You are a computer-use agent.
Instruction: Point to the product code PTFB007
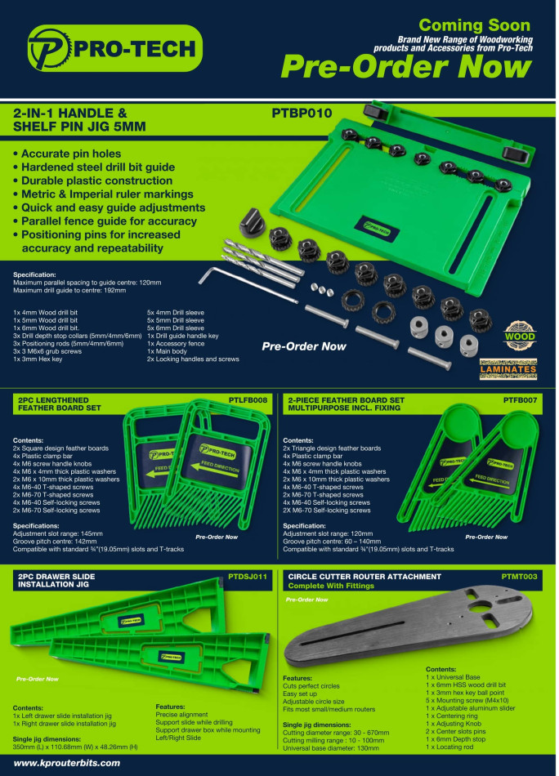tap(521, 400)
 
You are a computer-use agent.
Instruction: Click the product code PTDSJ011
tap(246, 577)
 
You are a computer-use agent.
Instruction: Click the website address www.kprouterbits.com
tap(67, 762)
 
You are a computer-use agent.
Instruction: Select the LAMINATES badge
tap(508, 369)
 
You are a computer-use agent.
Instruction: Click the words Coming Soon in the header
tap(485, 25)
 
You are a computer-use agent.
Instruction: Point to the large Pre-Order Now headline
tap(405, 67)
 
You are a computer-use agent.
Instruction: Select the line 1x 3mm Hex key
tap(39, 359)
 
